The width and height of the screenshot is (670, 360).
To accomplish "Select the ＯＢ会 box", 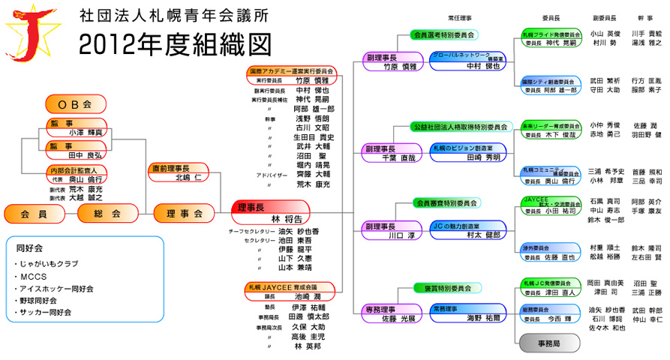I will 76,103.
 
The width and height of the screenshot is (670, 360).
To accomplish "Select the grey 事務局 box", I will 550,341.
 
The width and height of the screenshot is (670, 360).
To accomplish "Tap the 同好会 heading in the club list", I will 30,246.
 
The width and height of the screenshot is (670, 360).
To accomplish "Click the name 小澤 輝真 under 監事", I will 86,131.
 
